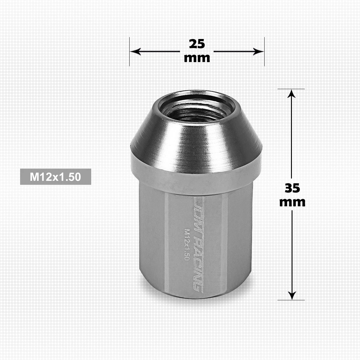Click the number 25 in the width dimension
pyautogui.click(x=197, y=44)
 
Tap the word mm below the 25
pyautogui.click(x=197, y=58)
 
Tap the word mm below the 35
pyautogui.click(x=292, y=202)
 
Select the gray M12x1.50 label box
pyautogui.click(x=55, y=177)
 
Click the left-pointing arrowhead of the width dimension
pyautogui.click(x=135, y=51)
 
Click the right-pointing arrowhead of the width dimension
pyautogui.click(x=258, y=51)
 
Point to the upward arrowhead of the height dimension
pyautogui.click(x=291, y=94)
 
